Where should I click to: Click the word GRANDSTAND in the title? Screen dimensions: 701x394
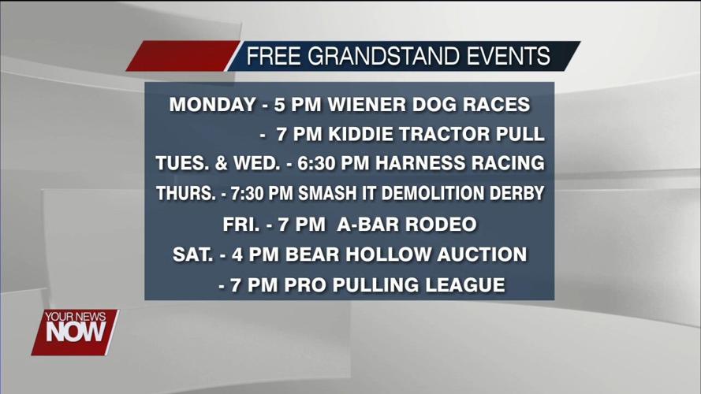[383, 56]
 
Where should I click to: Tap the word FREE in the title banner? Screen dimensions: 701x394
[273, 56]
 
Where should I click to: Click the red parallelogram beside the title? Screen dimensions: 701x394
[183, 56]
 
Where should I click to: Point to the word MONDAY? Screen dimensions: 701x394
[212, 105]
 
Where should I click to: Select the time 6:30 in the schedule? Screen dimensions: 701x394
[316, 163]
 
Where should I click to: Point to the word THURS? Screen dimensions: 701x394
[186, 193]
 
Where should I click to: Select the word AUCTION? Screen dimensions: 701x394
[482, 255]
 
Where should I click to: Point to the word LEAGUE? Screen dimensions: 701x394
[465, 285]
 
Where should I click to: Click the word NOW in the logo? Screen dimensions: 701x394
[76, 332]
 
